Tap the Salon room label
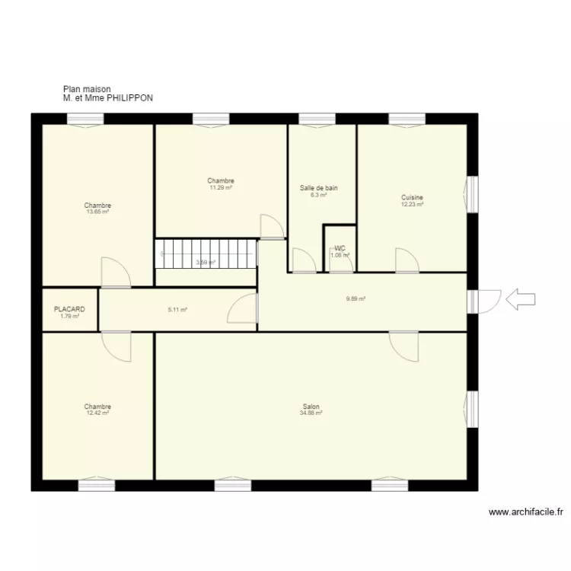(311, 407)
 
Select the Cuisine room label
(412, 198)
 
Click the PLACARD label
(69, 310)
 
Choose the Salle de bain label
(318, 188)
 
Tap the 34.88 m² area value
(311, 413)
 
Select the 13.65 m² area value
(97, 212)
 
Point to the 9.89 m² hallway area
(356, 299)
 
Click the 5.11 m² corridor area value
(177, 310)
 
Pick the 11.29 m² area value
(221, 187)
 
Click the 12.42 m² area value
(97, 413)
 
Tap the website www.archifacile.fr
(525, 513)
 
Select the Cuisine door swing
(406, 260)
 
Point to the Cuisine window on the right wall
(472, 194)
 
